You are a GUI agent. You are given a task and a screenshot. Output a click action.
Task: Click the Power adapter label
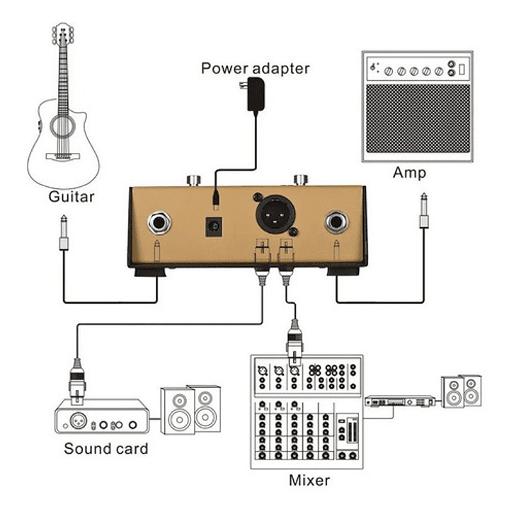255,69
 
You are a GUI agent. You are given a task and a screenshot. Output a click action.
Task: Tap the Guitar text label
72,197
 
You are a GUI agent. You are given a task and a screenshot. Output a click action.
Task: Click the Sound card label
106,448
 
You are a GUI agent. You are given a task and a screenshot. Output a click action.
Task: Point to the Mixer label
309,481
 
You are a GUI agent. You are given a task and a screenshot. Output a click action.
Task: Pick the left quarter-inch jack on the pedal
161,224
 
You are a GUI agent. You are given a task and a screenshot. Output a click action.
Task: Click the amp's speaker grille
416,118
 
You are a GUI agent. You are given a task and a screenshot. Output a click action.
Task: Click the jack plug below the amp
423,212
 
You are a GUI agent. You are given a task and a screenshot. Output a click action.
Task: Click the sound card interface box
103,418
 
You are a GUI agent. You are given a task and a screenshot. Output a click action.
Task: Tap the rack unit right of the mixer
399,401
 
